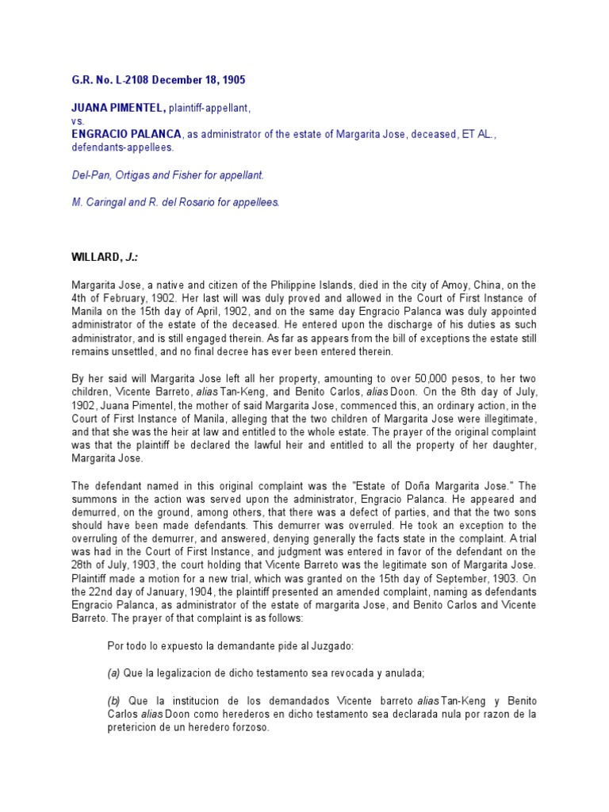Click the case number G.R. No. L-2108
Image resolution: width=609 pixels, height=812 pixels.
coord(113,80)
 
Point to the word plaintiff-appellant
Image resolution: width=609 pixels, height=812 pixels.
coord(205,106)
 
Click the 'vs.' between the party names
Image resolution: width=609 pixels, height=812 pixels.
coord(78,121)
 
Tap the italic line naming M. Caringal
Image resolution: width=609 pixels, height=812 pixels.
coord(175,202)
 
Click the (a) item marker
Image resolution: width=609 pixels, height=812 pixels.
coord(113,673)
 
